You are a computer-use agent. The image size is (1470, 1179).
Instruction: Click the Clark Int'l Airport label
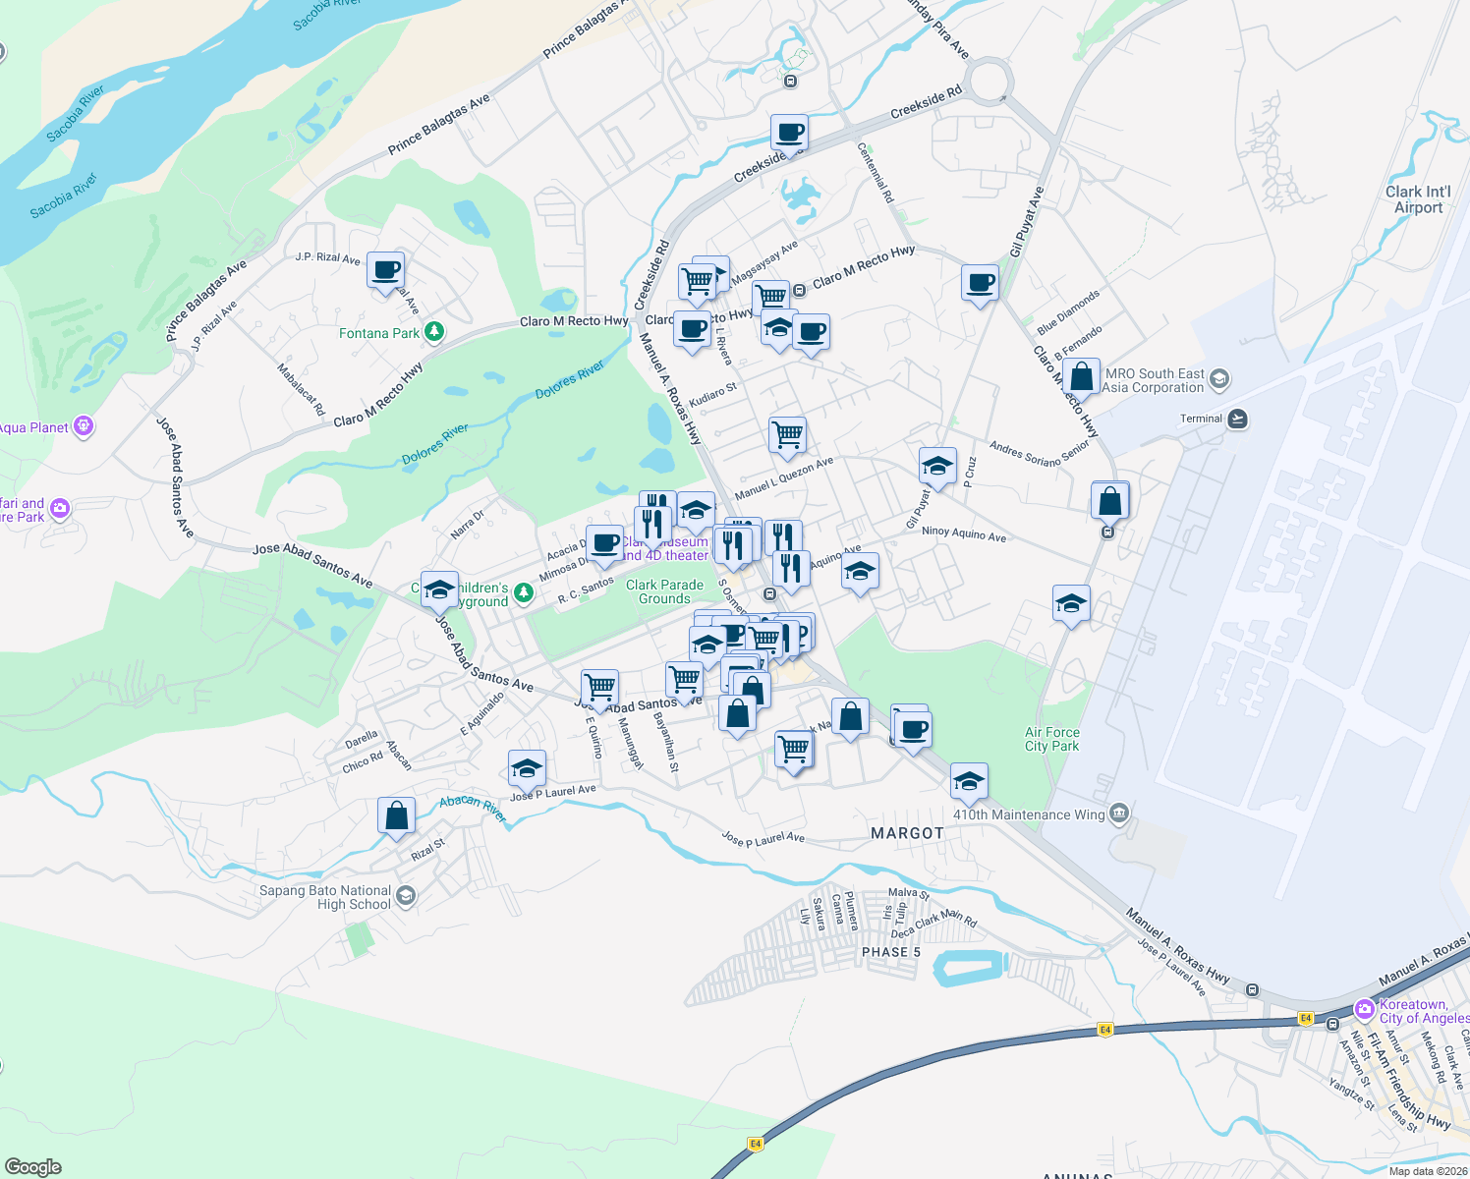tap(1418, 199)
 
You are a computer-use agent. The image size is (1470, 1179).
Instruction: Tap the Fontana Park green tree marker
tap(433, 332)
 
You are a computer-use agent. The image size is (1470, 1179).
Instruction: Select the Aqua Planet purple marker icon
tap(84, 426)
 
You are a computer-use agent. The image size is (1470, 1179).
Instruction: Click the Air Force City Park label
tap(1051, 739)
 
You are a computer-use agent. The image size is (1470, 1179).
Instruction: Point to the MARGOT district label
tap(907, 833)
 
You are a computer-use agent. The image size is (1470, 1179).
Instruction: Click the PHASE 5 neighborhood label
tap(891, 952)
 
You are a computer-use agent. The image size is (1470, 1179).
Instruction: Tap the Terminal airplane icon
tap(1237, 420)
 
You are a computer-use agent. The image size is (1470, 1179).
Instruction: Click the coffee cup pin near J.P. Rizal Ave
tap(386, 270)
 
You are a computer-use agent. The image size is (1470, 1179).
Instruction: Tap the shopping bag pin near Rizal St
tap(396, 815)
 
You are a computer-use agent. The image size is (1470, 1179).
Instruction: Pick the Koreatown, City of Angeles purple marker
tap(1364, 1009)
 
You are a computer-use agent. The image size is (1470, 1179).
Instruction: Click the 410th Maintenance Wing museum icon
tap(1119, 814)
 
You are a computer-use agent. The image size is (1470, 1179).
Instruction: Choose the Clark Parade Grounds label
tap(664, 591)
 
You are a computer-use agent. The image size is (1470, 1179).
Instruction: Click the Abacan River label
tap(473, 808)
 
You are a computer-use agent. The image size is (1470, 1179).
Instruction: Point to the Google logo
tap(33, 1166)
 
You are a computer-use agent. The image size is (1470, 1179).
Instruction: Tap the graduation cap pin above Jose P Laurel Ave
tap(527, 768)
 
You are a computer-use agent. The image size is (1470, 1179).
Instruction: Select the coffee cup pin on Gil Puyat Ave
tap(980, 284)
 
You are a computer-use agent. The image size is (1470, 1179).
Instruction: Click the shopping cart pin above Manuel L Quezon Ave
tap(787, 434)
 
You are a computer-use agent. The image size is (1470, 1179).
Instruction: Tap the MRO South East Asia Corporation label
tap(1154, 380)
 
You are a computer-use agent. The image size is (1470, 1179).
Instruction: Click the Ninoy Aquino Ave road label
tap(963, 533)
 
